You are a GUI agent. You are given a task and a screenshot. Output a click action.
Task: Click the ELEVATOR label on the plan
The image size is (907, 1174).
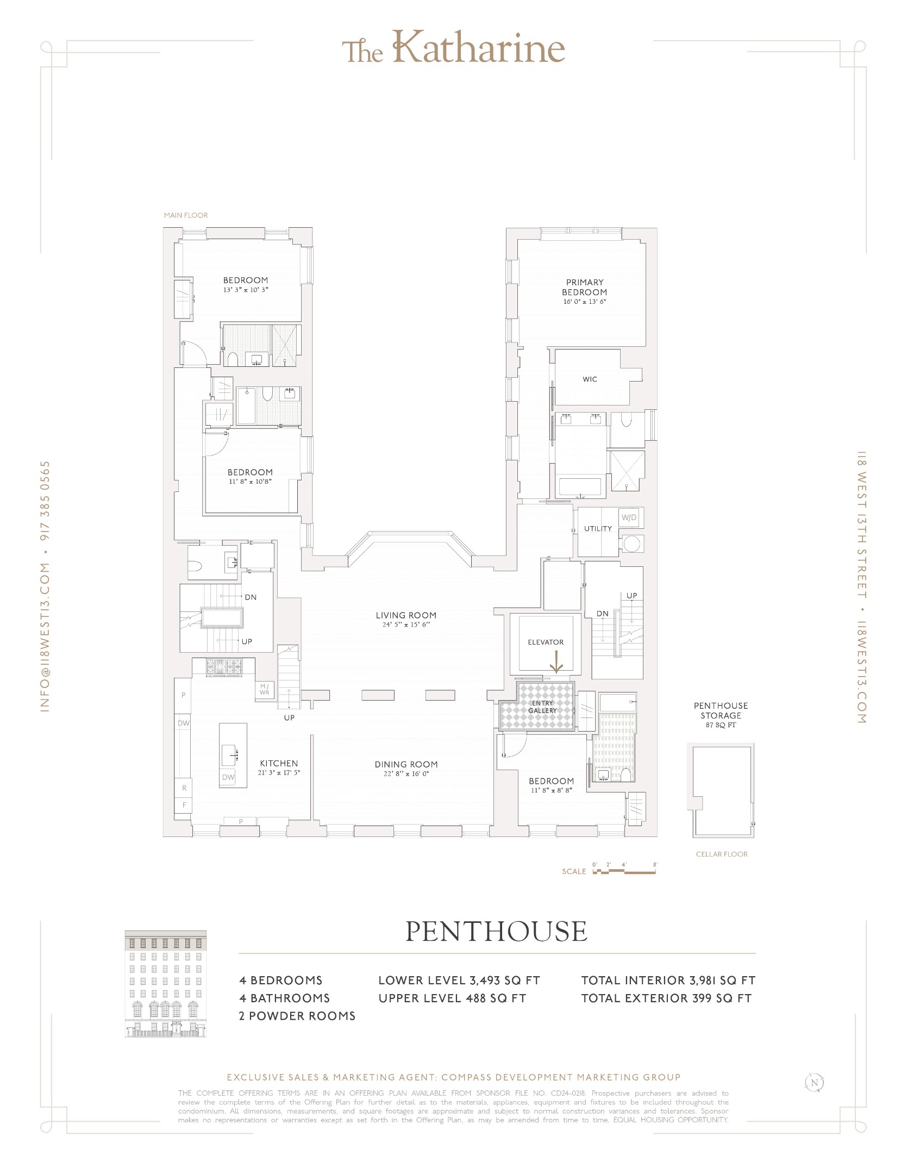[546, 642]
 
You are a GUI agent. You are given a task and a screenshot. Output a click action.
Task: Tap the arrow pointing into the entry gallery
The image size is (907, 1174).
[556, 663]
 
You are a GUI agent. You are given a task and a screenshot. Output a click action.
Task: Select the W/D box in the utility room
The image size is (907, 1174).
[629, 517]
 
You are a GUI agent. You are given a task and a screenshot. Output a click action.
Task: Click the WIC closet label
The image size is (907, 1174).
[590, 379]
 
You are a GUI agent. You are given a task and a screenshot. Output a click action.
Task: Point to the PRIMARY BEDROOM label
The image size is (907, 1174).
[584, 287]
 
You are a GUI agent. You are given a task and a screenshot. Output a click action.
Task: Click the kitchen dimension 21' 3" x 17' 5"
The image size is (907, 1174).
[279, 773]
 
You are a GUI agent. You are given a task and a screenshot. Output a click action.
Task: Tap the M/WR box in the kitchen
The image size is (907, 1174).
[264, 690]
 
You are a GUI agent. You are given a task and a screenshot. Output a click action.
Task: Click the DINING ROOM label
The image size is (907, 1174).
[406, 764]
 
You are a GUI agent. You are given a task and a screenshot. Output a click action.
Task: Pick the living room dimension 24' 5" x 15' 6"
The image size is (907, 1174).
[406, 625]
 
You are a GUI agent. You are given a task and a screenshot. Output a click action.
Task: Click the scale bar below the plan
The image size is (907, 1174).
[625, 871]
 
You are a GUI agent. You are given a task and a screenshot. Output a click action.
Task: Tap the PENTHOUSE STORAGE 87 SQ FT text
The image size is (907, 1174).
[721, 715]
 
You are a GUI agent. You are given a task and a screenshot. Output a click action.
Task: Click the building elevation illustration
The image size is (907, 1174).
[166, 984]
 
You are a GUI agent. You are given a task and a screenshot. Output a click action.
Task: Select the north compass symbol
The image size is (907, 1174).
[814, 1083]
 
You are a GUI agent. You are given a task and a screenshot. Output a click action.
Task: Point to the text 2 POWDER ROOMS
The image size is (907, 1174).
[297, 1016]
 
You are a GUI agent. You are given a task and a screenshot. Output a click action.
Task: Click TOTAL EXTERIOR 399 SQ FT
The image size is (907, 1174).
[666, 998]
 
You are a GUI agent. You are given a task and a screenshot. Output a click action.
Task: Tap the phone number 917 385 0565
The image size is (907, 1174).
[46, 500]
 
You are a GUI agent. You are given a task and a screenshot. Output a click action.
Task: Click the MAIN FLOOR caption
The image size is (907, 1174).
[186, 215]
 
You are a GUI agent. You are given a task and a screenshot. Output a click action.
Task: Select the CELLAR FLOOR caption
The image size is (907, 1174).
[722, 854]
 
